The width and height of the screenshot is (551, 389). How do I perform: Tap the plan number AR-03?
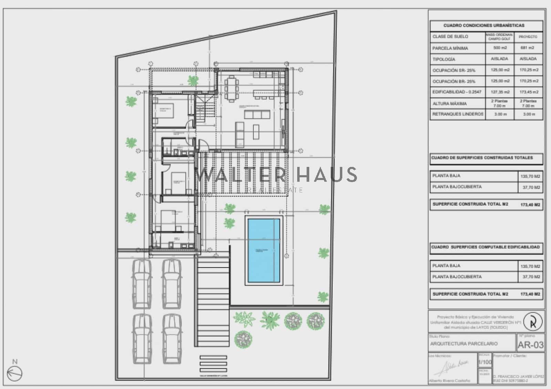530,345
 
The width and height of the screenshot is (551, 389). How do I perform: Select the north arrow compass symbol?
14,373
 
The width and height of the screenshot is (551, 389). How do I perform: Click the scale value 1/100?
485,362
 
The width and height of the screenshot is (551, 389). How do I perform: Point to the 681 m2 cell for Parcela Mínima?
528,48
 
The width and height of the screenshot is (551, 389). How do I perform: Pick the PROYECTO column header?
528,37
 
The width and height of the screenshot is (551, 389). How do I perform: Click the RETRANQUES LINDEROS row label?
458,114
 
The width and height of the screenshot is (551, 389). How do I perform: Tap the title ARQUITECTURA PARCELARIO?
464,344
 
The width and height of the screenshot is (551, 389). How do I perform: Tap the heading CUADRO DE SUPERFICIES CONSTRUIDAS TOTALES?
482,158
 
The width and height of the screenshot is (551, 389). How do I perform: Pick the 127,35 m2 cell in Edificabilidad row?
499,92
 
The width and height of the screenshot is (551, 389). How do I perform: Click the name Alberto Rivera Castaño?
449,381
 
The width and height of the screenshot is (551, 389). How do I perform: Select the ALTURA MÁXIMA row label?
449,103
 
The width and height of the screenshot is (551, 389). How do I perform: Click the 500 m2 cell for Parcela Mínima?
500,48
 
